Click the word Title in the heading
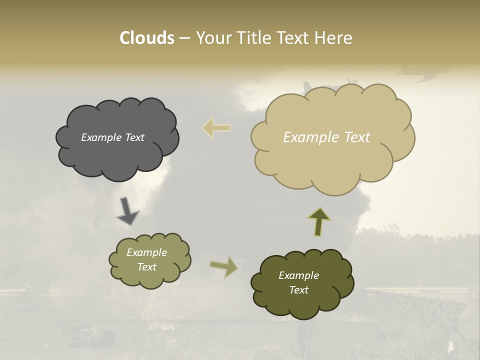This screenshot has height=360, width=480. (x=253, y=38)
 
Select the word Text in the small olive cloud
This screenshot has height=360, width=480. (x=147, y=267)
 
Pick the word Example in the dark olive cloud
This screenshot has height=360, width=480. (x=298, y=275)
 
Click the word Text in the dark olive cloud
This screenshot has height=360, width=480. (x=298, y=290)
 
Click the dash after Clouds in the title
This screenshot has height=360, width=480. (x=184, y=38)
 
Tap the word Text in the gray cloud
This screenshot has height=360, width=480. (x=134, y=137)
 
